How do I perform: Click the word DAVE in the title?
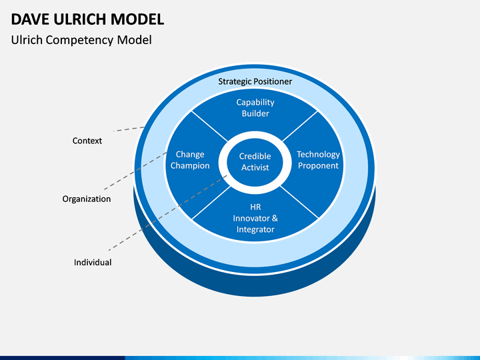30,19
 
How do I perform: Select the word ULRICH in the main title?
79,19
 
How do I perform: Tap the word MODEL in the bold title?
137,19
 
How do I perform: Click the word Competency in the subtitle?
79,41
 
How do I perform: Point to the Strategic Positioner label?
255,81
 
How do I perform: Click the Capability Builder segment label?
255,108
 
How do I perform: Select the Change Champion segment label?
190,160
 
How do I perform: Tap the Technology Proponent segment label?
319,160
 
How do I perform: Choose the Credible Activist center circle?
255,161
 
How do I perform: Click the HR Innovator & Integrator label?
255,218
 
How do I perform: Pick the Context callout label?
87,141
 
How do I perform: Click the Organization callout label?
87,199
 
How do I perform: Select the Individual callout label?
93,263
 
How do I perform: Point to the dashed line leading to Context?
129,129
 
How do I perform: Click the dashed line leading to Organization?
135,171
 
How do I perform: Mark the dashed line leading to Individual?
168,213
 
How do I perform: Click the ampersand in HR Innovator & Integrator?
275,218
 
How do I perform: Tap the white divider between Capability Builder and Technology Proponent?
300,126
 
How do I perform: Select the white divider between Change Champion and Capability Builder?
210,127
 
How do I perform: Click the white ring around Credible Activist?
223,162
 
